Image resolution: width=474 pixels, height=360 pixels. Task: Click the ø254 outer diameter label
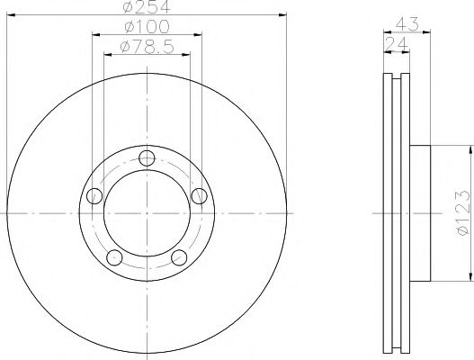[148, 8]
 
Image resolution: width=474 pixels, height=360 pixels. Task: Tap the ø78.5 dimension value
[148, 47]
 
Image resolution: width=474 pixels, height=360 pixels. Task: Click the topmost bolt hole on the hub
[148, 159]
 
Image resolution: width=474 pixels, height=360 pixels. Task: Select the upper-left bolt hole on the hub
[94, 194]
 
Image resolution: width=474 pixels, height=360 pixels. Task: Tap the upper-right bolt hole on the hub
[200, 194]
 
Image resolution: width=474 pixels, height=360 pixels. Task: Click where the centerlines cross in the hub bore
[148, 213]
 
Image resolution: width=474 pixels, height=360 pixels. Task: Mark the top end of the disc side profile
[396, 73]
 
